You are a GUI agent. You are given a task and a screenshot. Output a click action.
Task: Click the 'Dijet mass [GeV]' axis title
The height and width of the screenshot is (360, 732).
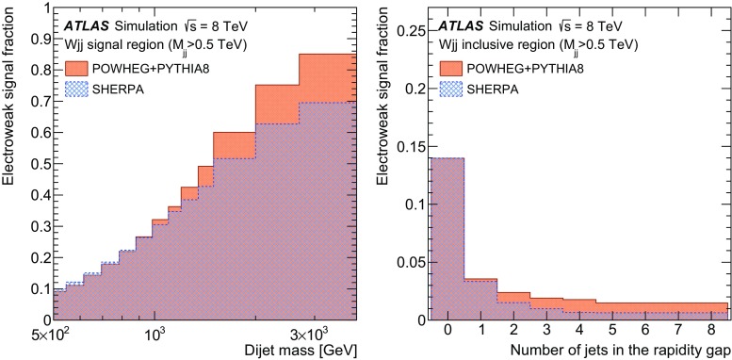coord(295,350)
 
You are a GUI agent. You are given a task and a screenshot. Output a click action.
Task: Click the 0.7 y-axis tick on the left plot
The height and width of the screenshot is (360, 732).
coord(36,101)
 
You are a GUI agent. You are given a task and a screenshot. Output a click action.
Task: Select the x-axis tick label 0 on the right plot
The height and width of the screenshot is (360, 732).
coord(448,331)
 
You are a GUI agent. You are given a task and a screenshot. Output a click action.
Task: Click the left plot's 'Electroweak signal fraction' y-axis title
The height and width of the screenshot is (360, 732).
coord(9,160)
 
